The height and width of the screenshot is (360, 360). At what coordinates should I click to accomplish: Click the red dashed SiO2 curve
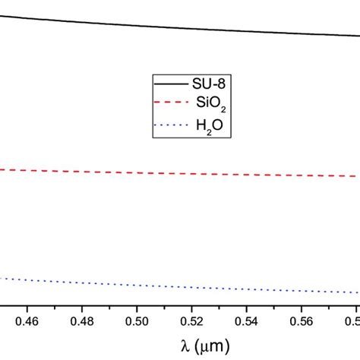click(114, 172)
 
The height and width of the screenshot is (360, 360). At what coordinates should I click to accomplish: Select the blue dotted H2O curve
click(114, 283)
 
